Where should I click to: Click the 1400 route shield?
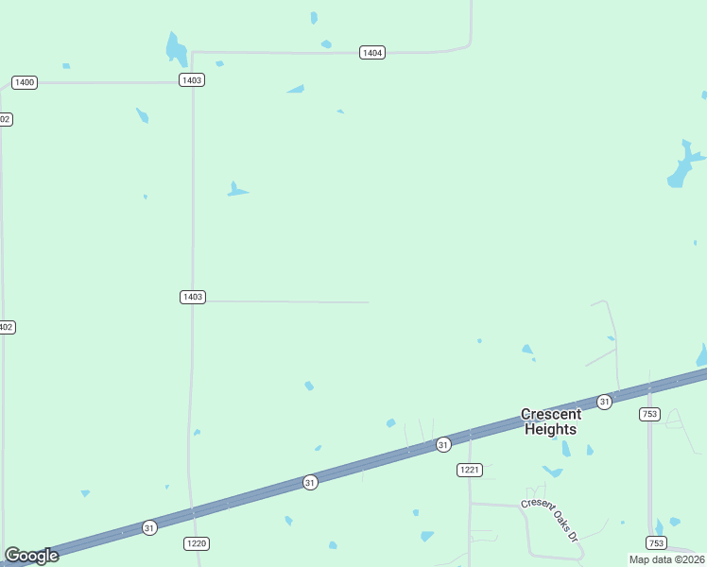click(x=25, y=83)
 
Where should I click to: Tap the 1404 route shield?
click(x=372, y=53)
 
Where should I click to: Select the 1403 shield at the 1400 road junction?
click(x=192, y=80)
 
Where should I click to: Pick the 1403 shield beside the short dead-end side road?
click(x=192, y=297)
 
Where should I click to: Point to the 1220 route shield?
click(x=197, y=543)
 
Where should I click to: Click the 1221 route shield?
click(x=470, y=470)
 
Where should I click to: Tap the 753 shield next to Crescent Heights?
click(x=649, y=414)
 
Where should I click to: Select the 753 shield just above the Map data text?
click(x=656, y=542)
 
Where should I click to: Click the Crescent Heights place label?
click(x=549, y=421)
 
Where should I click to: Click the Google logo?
click(x=31, y=556)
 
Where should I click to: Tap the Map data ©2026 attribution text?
click(x=666, y=559)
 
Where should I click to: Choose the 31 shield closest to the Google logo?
click(x=149, y=526)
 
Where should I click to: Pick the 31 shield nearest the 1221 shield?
click(x=442, y=444)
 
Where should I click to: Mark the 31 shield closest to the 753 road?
click(x=604, y=403)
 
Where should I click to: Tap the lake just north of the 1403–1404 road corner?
click(x=176, y=49)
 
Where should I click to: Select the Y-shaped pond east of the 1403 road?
click(x=234, y=190)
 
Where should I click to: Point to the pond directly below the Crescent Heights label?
click(x=552, y=471)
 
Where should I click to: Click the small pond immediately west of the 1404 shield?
click(x=326, y=44)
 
